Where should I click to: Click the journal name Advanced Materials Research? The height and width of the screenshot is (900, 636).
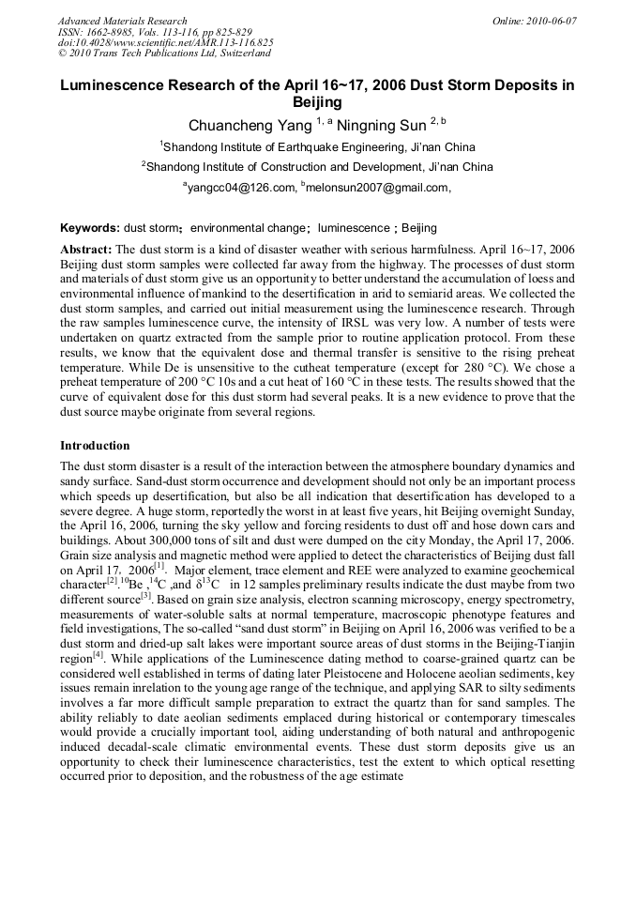pyautogui.click(x=122, y=21)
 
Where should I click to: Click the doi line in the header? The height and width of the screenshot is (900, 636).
pyautogui.click(x=165, y=43)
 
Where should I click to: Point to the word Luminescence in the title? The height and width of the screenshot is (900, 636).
pyautogui.click(x=115, y=84)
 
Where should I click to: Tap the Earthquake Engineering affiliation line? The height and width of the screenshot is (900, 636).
pyautogui.click(x=319, y=147)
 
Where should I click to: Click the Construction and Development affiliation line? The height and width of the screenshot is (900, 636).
pyautogui.click(x=319, y=167)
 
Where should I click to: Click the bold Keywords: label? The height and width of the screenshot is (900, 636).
pyautogui.click(x=90, y=228)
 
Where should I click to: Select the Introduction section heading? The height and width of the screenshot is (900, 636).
pyautogui.click(x=95, y=445)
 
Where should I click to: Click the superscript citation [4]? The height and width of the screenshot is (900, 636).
pyautogui.click(x=98, y=653)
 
